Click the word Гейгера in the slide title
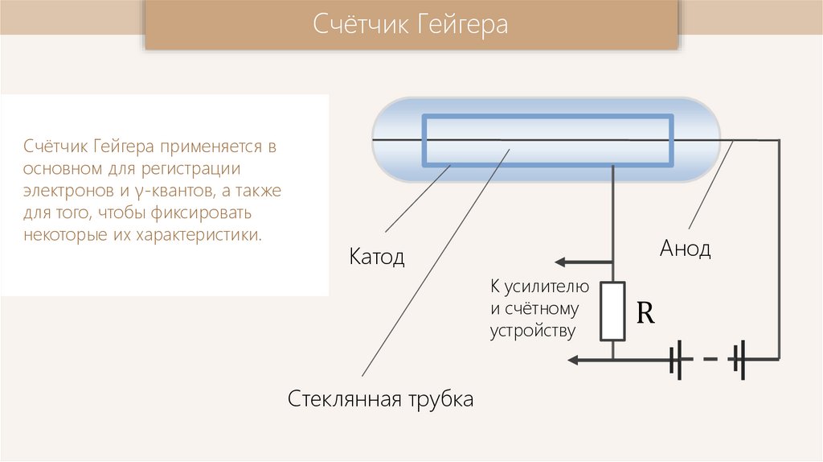tap(462, 24)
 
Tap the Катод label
tap(376, 258)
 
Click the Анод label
tap(686, 248)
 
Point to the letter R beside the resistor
tap(645, 313)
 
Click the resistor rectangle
tap(613, 311)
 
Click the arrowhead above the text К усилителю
tap(563, 262)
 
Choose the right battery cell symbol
tap(739, 358)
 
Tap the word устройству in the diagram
tap(533, 331)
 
